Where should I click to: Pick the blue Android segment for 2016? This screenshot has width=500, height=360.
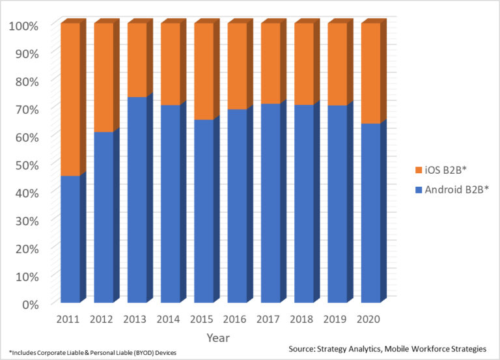tap(237, 206)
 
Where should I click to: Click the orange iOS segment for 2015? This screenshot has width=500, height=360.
tap(204, 72)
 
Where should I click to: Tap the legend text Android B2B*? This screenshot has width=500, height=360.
tap(455, 190)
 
